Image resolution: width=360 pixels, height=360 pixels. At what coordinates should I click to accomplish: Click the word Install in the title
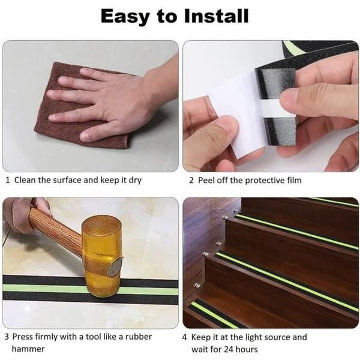(216, 16)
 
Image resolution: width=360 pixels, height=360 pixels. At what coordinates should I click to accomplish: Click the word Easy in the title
(126, 17)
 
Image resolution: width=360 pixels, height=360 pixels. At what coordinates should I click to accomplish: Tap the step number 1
(8, 180)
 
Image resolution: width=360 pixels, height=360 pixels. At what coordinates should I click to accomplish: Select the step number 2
(191, 181)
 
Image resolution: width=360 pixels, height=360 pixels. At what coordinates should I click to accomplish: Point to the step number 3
(7, 337)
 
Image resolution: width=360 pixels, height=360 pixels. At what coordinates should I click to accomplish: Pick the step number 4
(185, 337)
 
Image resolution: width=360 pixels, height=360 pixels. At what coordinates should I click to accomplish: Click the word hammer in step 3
(28, 349)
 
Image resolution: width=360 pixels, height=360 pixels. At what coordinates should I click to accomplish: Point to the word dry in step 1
(135, 181)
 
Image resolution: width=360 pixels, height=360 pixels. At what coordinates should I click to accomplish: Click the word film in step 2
(294, 180)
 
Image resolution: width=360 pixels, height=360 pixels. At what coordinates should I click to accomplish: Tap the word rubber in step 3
(139, 337)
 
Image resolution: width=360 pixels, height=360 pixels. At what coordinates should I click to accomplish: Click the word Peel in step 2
(206, 180)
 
